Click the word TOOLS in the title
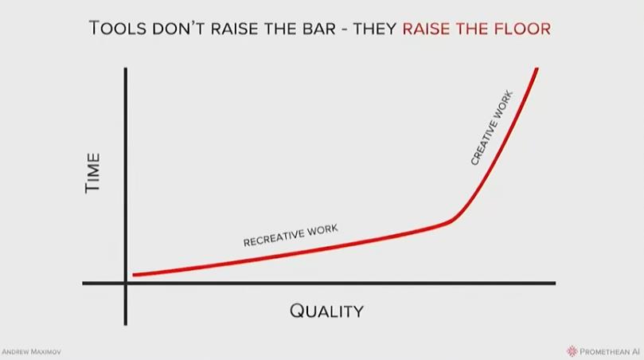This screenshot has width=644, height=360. (x=118, y=29)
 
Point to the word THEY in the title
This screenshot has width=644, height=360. (x=375, y=29)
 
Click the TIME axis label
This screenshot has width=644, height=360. (x=93, y=173)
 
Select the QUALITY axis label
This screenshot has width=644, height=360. (x=326, y=311)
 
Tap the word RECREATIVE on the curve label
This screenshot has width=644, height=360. (x=273, y=237)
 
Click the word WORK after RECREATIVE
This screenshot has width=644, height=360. (x=322, y=229)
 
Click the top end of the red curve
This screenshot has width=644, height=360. (x=537, y=69)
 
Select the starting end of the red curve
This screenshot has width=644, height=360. (x=134, y=275)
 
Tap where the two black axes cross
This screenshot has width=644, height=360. (x=125, y=283)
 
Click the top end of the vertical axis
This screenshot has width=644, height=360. (x=125, y=68)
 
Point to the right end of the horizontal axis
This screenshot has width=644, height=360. (x=555, y=283)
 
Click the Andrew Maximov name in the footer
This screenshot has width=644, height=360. (x=32, y=352)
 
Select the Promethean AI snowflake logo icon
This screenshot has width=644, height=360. (x=572, y=351)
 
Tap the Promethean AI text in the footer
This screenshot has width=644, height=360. (x=610, y=352)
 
